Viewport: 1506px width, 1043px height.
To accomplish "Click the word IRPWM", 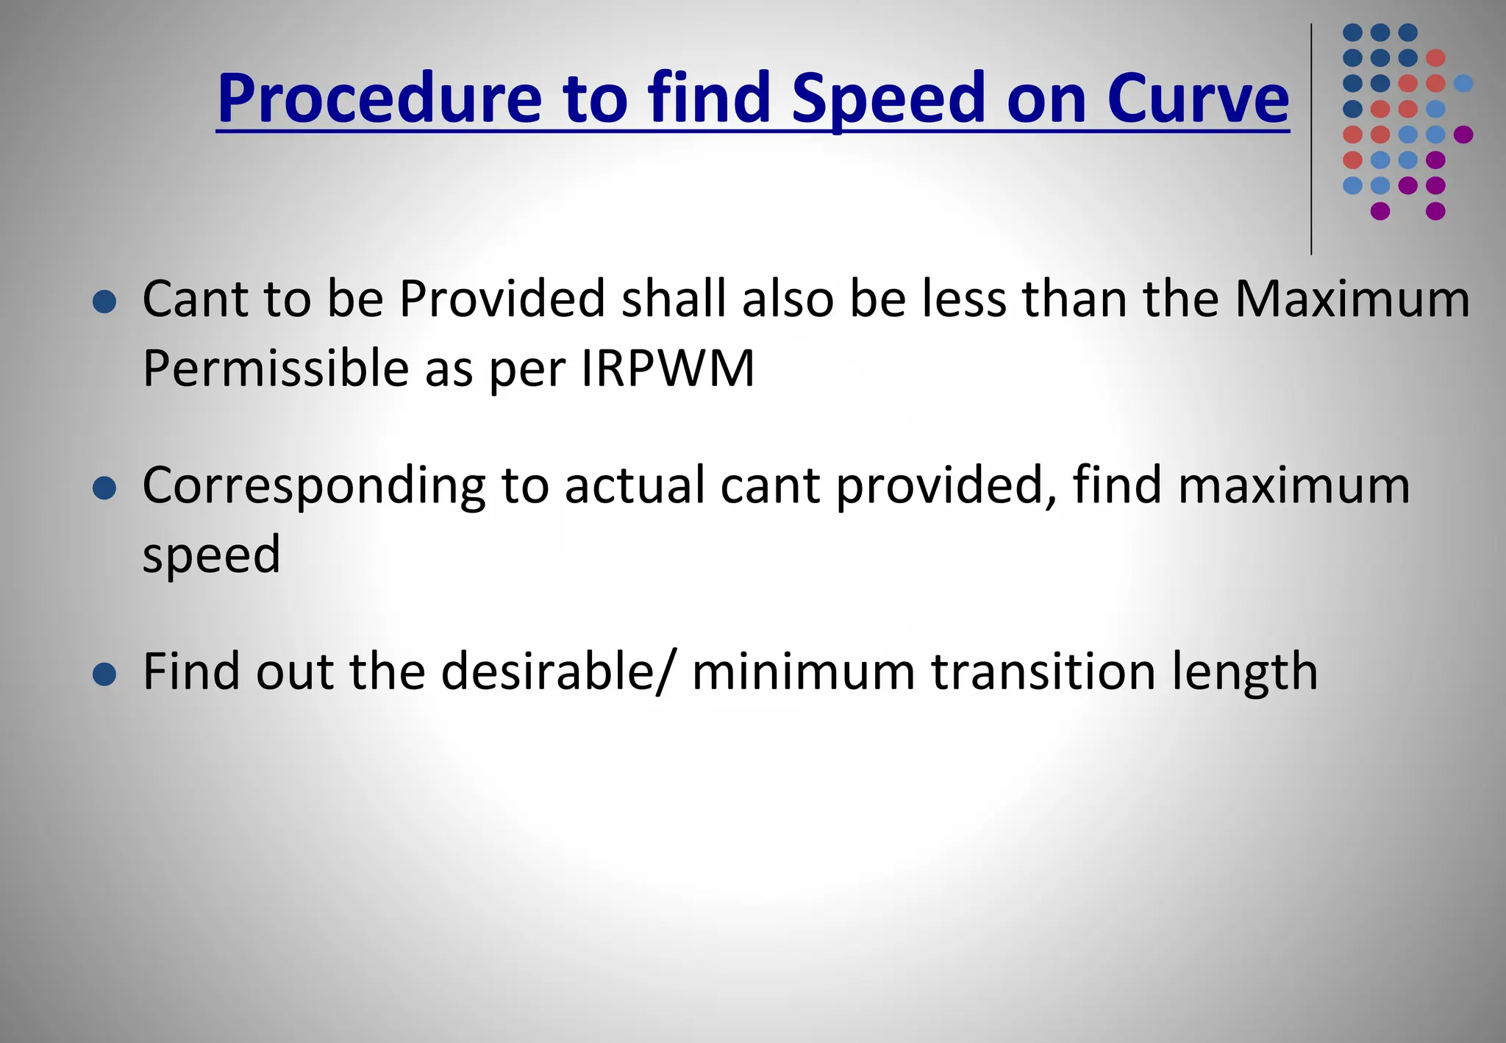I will coord(668,368).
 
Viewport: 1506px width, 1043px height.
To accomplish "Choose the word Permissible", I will coord(276,368).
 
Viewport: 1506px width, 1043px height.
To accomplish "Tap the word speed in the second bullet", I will coord(212,555).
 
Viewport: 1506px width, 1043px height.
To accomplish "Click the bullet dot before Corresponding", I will coord(105,488).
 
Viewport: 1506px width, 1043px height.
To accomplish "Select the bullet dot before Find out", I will coord(105,674).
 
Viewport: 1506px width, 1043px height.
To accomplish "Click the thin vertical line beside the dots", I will coord(1311,140).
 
